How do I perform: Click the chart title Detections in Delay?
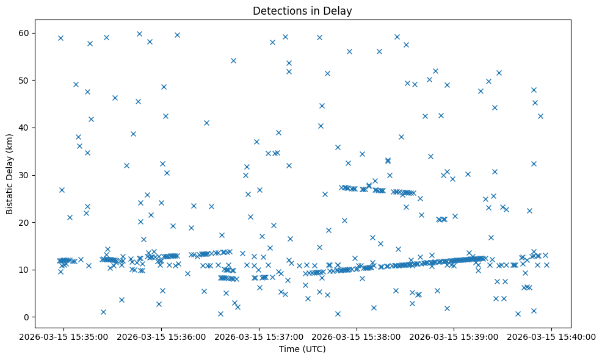pos(302,11)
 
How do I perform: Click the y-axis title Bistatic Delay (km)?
pos(10,175)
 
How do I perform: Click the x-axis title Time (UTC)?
pos(302,349)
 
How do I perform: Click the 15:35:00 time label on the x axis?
pos(63,336)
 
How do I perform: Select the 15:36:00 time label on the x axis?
pos(161,336)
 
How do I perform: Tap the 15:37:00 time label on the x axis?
pos(259,336)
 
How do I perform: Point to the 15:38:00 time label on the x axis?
pos(357,336)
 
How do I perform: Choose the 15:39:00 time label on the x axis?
pos(454,336)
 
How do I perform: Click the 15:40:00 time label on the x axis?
pos(552,336)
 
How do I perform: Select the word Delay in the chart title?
pos(339,11)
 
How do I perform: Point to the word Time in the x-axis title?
pos(289,349)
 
